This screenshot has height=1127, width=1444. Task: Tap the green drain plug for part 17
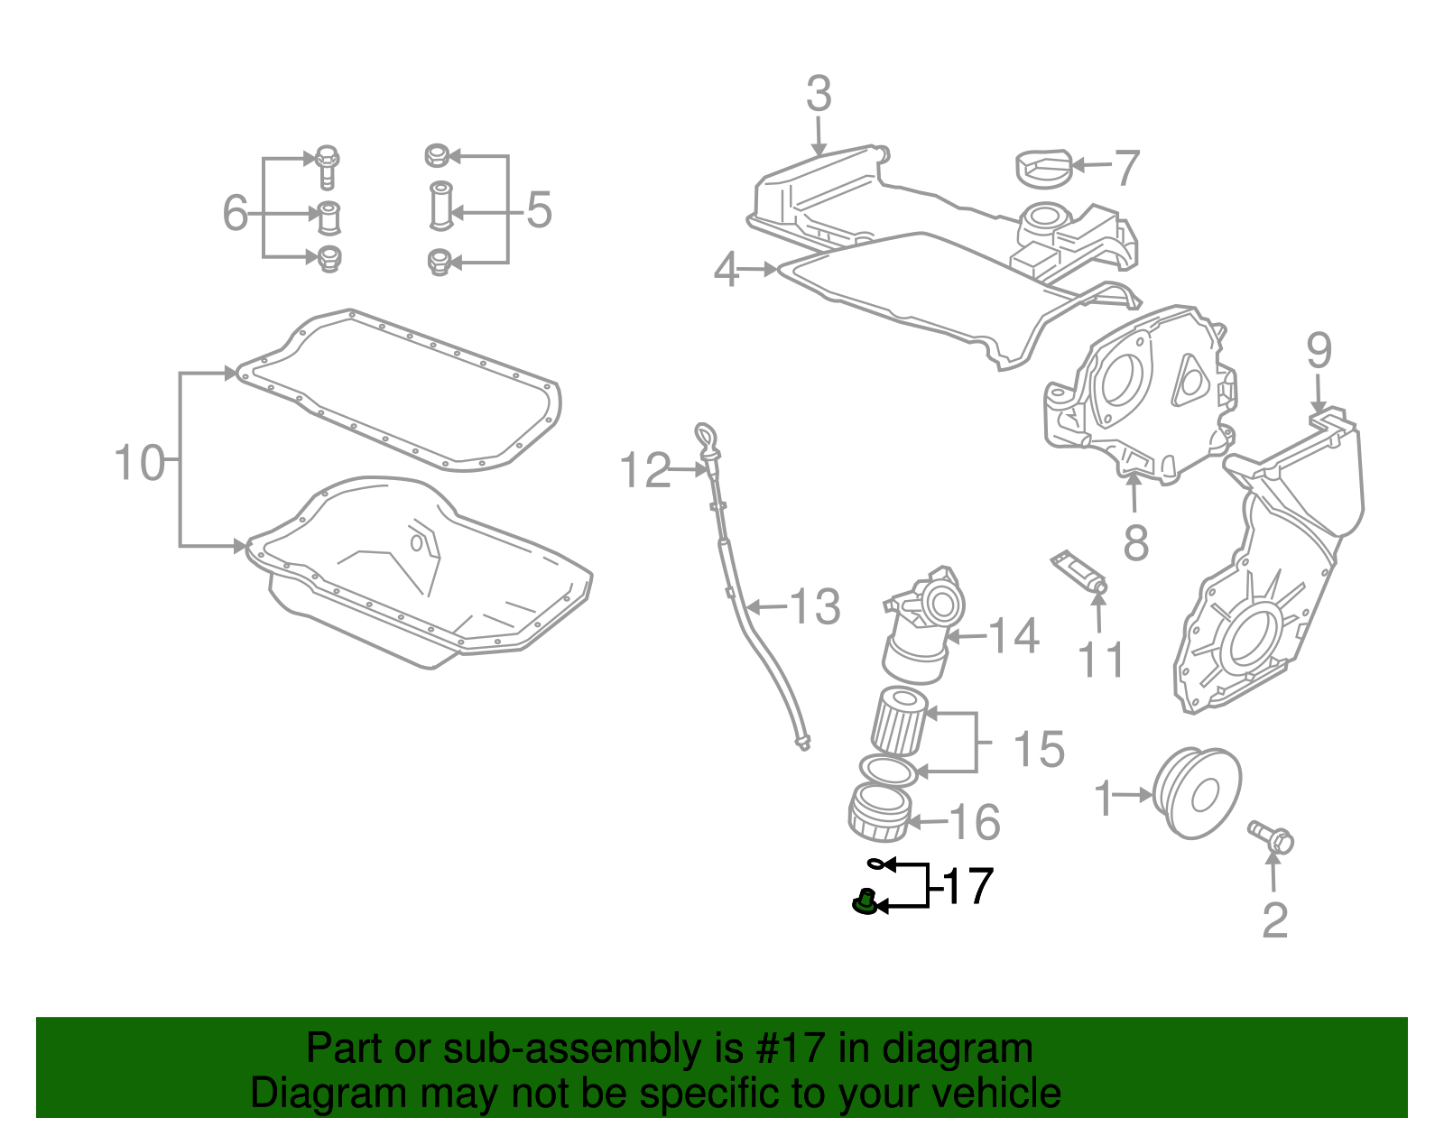(x=865, y=902)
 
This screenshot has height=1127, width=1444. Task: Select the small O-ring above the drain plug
(x=875, y=864)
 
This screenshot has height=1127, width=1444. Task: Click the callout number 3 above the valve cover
(x=819, y=94)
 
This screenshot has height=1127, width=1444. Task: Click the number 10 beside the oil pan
(x=139, y=463)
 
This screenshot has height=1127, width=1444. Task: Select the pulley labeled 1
(x=1197, y=792)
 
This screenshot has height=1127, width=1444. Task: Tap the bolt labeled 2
(x=1271, y=836)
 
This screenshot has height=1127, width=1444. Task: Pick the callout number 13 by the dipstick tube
(x=816, y=606)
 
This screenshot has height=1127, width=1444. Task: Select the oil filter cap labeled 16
(x=879, y=811)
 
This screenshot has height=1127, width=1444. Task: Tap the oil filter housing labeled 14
(x=921, y=632)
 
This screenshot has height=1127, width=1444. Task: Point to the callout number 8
(x=1135, y=541)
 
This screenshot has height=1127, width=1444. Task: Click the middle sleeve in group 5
(x=440, y=207)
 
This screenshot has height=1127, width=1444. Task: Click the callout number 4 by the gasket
(x=727, y=269)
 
